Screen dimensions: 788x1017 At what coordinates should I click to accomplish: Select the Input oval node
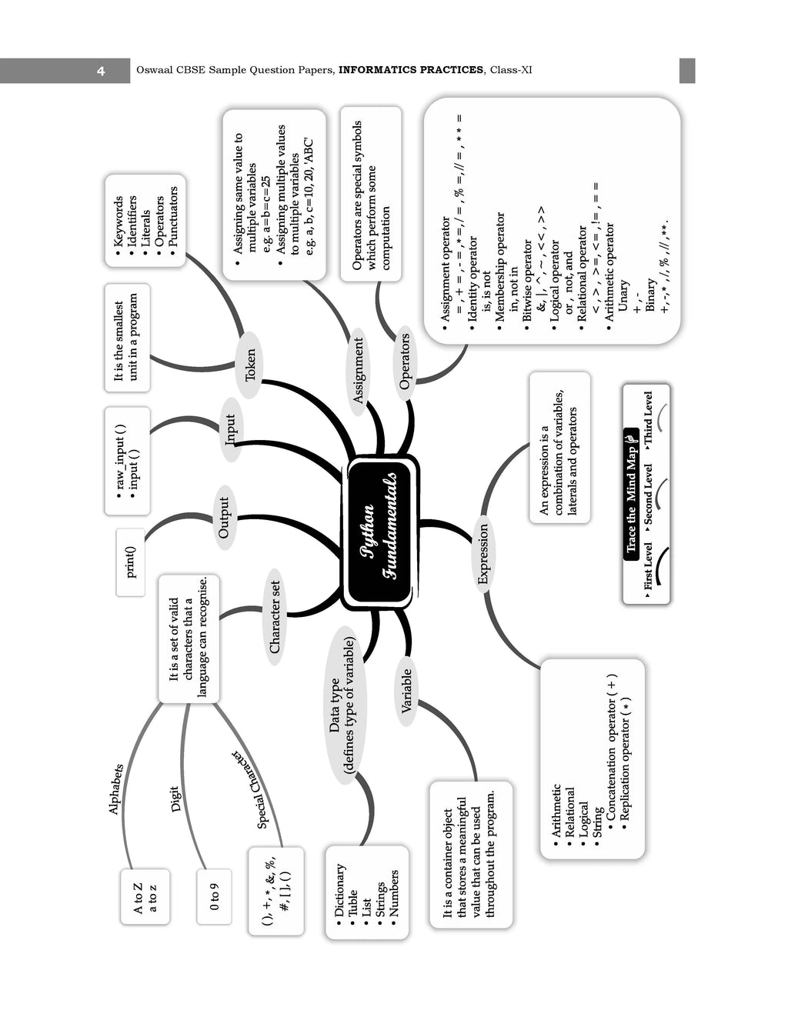tap(231, 429)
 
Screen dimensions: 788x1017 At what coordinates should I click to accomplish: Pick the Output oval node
tap(225, 518)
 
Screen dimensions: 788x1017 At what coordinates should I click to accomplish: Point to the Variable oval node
tap(406, 692)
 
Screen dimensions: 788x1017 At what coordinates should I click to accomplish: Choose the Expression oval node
tap(483, 554)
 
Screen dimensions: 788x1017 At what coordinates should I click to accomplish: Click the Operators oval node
tap(405, 363)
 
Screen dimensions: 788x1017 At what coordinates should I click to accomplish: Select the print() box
tap(131, 562)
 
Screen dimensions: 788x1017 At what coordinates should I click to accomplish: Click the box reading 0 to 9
tap(214, 897)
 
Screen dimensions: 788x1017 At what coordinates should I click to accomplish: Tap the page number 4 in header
tap(101, 71)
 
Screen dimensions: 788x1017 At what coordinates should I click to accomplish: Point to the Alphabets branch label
tap(115, 789)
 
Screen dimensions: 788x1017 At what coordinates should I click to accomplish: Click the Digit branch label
tap(175, 799)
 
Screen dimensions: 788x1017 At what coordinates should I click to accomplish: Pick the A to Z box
tap(145, 897)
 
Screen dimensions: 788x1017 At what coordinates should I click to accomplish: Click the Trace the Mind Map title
tap(631, 491)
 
